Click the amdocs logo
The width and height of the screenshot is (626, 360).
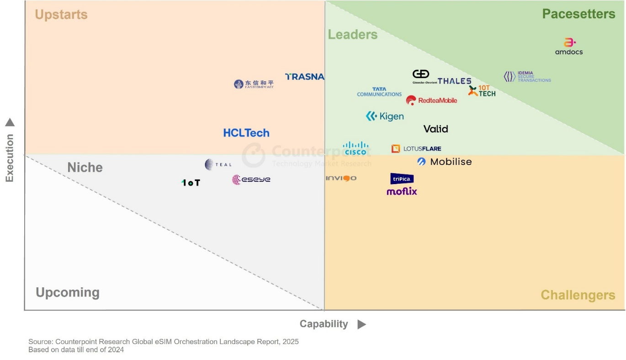569,46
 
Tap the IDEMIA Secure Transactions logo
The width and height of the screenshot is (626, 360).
527,77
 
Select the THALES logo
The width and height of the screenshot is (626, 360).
454,81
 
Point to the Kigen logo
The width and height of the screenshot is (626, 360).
385,116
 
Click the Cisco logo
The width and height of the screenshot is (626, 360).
355,148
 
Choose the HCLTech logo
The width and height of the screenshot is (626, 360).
246,133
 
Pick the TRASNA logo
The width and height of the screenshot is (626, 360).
305,77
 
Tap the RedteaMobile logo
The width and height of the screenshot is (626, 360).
431,100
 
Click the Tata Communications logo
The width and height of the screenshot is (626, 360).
379,92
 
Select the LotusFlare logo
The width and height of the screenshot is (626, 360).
416,148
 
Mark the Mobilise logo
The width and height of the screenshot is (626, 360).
445,162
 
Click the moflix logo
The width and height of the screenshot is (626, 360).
402,191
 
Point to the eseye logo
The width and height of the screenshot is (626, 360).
251,180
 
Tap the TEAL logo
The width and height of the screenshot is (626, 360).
218,164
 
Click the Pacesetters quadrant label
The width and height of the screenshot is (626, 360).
578,14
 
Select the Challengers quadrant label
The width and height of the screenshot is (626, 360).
578,295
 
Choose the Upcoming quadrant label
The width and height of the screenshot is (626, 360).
68,292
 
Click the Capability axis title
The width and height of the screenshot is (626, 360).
324,324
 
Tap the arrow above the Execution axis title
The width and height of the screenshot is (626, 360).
10,122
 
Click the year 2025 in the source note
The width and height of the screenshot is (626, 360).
291,342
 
